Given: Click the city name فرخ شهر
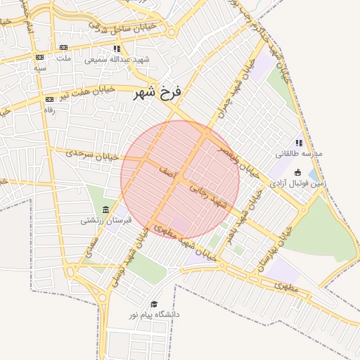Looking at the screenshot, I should tap(158, 92).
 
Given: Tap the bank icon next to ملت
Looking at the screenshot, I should tap(39, 58).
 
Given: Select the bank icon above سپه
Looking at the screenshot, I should tap(39, 58).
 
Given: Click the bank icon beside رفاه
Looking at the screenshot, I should tap(49, 100).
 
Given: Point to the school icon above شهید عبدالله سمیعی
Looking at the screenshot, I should tap(117, 49).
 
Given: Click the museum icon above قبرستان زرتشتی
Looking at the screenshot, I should tap(105, 210).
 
